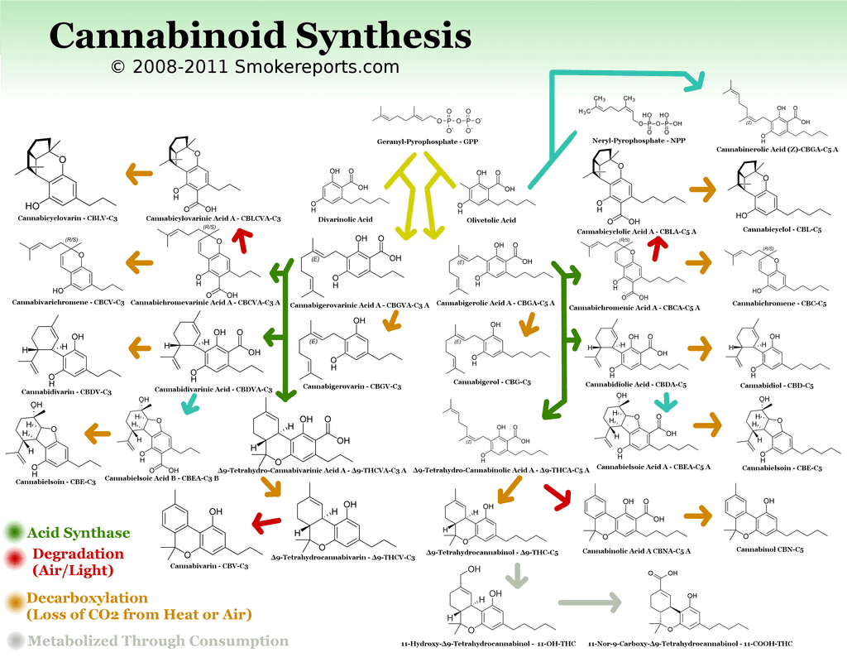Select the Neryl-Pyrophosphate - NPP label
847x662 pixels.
630,142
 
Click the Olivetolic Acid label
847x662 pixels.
491,220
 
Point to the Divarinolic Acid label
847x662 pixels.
345,220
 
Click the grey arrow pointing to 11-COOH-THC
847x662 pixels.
590,602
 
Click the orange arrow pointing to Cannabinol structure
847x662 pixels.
700,514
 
